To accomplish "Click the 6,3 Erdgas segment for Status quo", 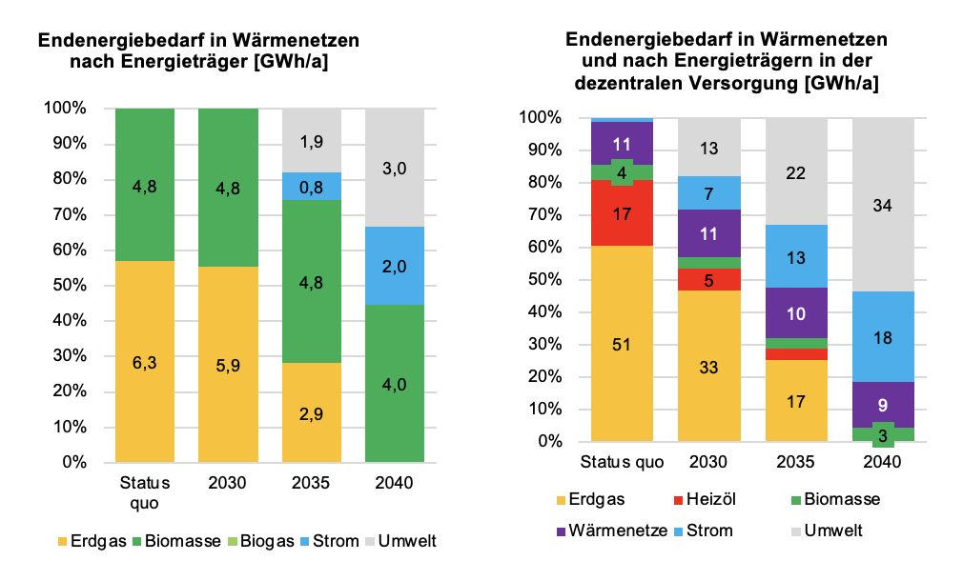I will [x=145, y=361].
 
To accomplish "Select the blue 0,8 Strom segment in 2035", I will [x=311, y=187].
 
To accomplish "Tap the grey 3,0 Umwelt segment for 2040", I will [x=395, y=168].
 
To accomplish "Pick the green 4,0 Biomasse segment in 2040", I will [x=395, y=385].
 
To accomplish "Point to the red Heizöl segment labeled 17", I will [x=622, y=213].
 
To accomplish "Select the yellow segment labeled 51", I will [x=622, y=344].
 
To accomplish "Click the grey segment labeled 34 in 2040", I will [x=883, y=205].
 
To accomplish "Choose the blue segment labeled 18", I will [x=883, y=337].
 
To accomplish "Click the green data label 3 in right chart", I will [x=883, y=435].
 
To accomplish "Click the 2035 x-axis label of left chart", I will [x=311, y=483].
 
